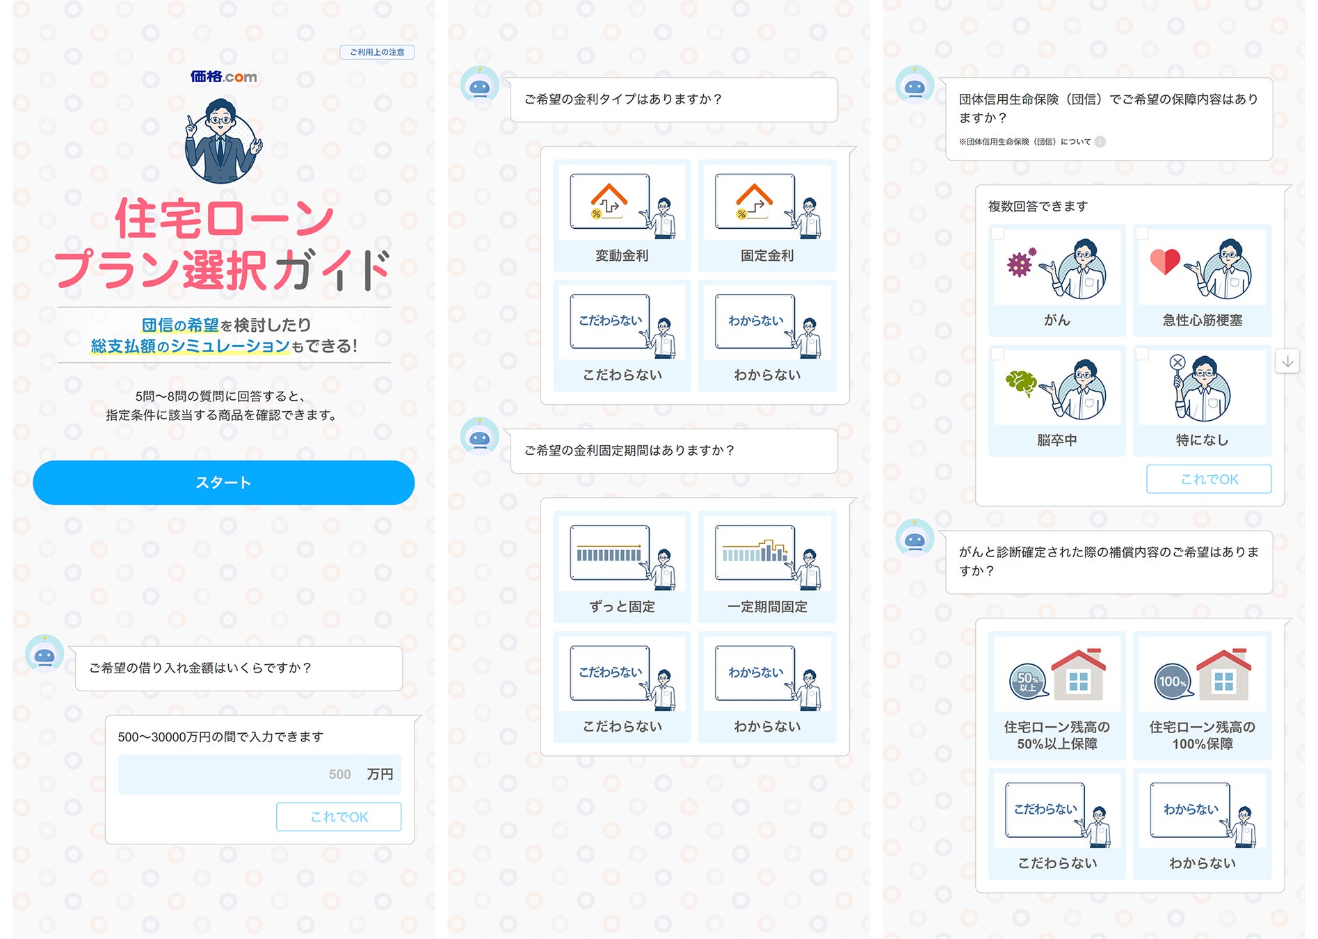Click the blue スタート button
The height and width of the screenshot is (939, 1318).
(223, 482)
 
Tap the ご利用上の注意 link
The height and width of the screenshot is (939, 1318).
(377, 52)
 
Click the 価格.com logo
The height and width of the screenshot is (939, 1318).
(223, 77)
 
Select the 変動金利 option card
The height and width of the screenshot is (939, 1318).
(622, 216)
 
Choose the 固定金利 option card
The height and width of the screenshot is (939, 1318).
(767, 216)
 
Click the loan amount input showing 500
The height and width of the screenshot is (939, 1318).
(259, 774)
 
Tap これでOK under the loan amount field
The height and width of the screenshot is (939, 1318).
(339, 817)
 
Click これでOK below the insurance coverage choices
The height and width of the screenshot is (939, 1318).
(1209, 479)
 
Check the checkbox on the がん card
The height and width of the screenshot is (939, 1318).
(998, 234)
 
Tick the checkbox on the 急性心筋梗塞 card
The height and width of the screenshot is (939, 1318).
(1143, 234)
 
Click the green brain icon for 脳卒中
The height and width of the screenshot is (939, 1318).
(1020, 383)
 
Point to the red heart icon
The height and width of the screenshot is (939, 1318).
(1165, 262)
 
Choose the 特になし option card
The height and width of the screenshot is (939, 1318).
(1202, 401)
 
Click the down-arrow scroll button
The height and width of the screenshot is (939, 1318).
(1287, 361)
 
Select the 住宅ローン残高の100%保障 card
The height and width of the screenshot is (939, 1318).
(1202, 695)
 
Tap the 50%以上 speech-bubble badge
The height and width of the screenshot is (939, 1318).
(1028, 682)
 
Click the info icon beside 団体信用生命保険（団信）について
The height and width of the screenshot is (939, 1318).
(1100, 142)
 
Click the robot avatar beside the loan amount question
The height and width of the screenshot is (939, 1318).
(45, 655)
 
